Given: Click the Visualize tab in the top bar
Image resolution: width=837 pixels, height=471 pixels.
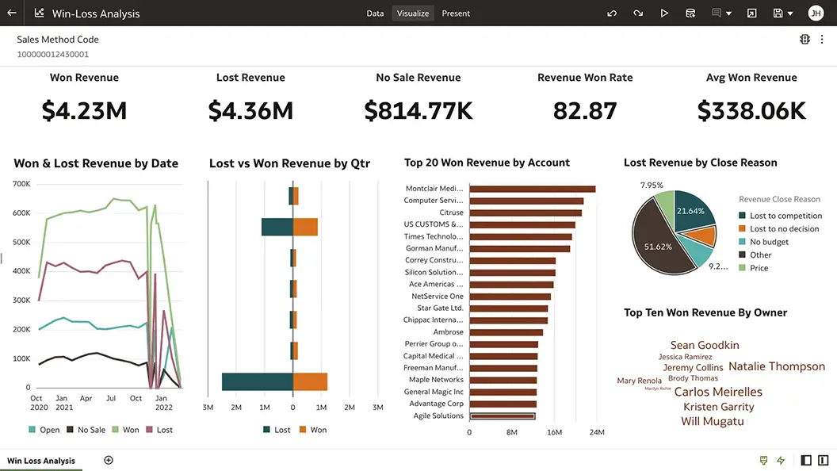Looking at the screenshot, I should [413, 13].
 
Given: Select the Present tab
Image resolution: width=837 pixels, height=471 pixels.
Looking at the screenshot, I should [456, 13].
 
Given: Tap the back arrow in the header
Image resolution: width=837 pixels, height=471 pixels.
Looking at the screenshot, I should [11, 13].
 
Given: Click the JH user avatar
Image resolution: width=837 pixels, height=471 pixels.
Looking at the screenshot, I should [816, 13].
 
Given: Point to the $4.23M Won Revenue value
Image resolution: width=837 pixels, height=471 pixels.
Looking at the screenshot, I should [84, 111].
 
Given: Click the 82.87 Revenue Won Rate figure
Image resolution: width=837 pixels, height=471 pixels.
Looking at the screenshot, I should [585, 111].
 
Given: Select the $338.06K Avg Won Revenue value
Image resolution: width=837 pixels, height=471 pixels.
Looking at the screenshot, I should [751, 111].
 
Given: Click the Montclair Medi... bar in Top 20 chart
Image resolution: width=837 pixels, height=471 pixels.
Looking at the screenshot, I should [532, 189].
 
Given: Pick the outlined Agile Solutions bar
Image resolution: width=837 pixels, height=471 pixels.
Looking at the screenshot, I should [503, 415].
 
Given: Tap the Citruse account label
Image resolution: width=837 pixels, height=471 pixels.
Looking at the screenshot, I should [451, 213].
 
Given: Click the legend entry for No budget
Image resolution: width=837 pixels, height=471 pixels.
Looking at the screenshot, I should [769, 242].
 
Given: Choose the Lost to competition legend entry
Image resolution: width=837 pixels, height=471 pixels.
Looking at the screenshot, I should [785, 216].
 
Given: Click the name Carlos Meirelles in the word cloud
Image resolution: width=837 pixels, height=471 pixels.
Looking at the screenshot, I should [718, 392].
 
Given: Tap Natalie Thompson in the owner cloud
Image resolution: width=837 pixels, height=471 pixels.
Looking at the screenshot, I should [776, 366].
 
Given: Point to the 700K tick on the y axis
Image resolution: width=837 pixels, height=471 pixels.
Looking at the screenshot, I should [21, 184].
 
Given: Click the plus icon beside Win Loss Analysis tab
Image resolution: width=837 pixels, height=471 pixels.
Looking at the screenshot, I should [109, 461].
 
